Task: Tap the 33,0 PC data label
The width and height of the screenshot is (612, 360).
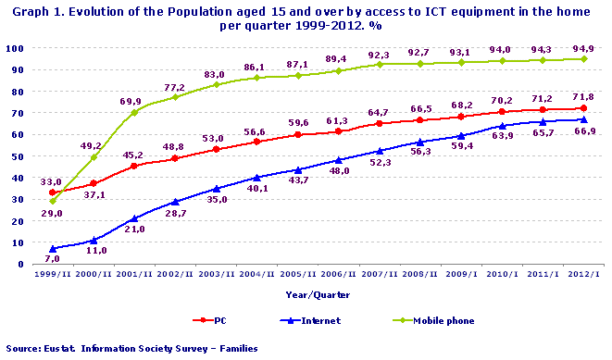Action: [49, 182]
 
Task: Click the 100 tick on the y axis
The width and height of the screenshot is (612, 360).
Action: [19, 47]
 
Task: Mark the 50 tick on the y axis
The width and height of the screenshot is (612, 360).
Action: [21, 155]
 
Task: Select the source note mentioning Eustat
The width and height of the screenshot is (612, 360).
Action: [131, 349]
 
